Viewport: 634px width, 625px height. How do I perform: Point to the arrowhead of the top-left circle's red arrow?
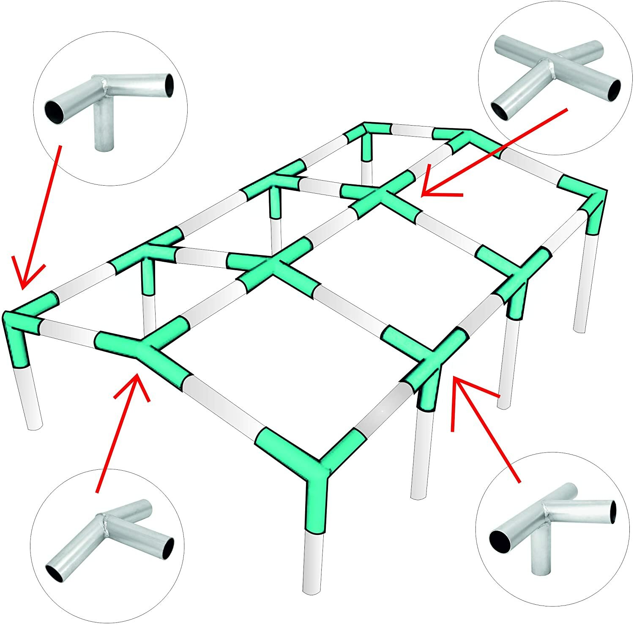click(x=23, y=288)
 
